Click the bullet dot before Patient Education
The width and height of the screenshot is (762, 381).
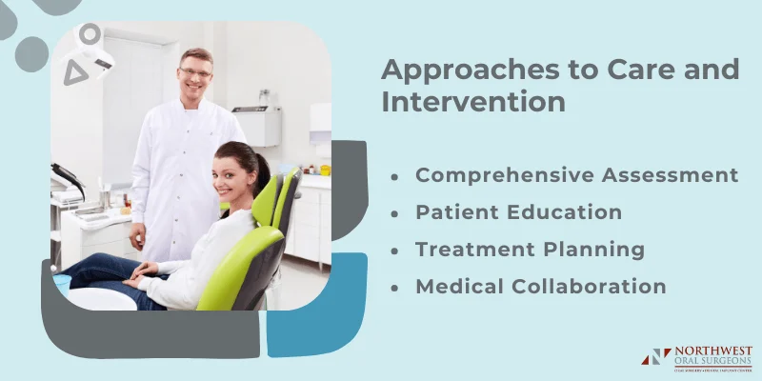(x=394, y=213)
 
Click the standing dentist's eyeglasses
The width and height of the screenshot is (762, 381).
(x=195, y=73)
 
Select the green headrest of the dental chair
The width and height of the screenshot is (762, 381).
(x=266, y=200)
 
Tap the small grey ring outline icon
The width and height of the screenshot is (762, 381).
(x=90, y=35)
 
